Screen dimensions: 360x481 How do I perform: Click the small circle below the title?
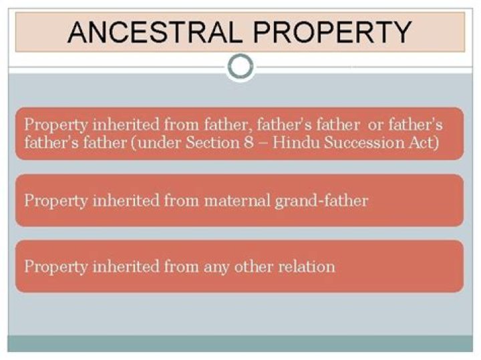(x=240, y=66)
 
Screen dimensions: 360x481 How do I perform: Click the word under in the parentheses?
(x=152, y=142)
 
